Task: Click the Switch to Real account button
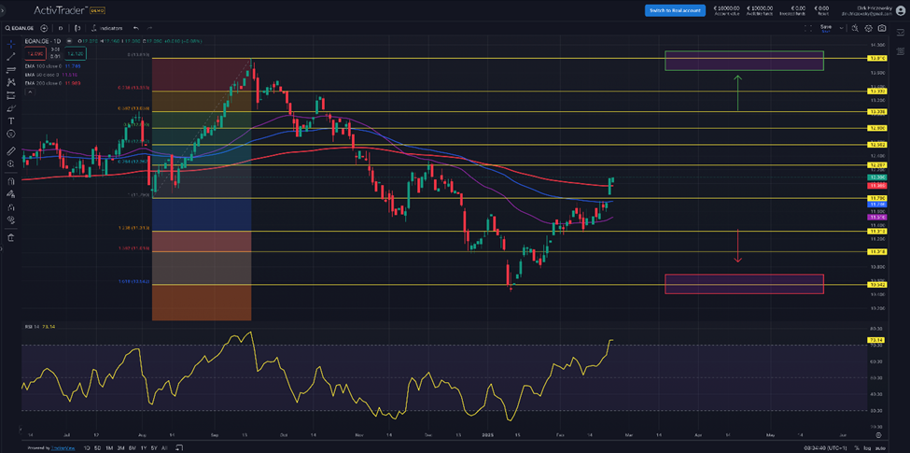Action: (x=676, y=9)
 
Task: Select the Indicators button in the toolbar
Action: (x=108, y=29)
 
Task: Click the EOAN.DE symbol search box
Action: (x=26, y=29)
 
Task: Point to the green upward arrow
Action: (x=737, y=92)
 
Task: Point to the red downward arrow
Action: (x=737, y=247)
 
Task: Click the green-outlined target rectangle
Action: (x=744, y=60)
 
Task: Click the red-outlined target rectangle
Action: (x=744, y=284)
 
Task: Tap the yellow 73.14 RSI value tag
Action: (x=875, y=340)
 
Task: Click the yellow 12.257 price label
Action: (x=875, y=165)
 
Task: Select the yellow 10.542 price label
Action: (x=875, y=285)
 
